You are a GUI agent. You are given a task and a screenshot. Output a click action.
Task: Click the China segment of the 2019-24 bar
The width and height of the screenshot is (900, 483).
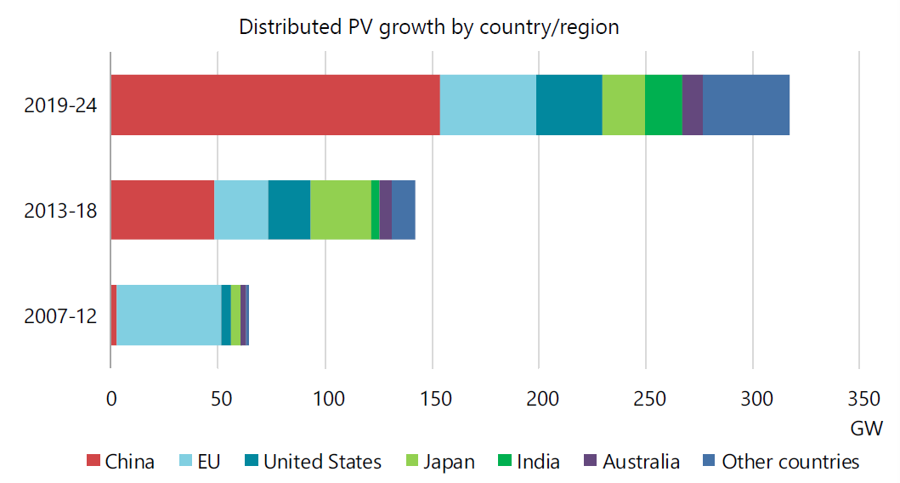[275, 105]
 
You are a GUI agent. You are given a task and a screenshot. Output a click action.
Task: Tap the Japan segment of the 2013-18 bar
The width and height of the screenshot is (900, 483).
[340, 209]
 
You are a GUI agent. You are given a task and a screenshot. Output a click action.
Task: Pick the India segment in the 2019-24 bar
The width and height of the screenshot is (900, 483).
[664, 105]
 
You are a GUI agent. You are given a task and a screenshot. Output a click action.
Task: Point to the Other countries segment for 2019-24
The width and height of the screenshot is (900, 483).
[746, 105]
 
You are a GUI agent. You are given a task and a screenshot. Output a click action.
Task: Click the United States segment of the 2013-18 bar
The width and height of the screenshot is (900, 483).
[289, 209]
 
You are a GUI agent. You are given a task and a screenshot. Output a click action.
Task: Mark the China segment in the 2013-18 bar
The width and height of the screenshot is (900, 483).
[162, 209]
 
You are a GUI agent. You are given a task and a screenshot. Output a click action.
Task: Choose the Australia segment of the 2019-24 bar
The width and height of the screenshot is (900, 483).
[693, 105]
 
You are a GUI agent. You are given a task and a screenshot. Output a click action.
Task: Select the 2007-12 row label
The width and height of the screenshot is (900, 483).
[60, 315]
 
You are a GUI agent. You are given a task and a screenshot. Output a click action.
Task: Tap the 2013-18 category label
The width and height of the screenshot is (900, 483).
[60, 210]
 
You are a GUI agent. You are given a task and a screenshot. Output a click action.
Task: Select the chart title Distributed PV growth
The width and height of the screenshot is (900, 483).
[429, 26]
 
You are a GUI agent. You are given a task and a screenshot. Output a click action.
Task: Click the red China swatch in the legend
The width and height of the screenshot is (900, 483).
[93, 462]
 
